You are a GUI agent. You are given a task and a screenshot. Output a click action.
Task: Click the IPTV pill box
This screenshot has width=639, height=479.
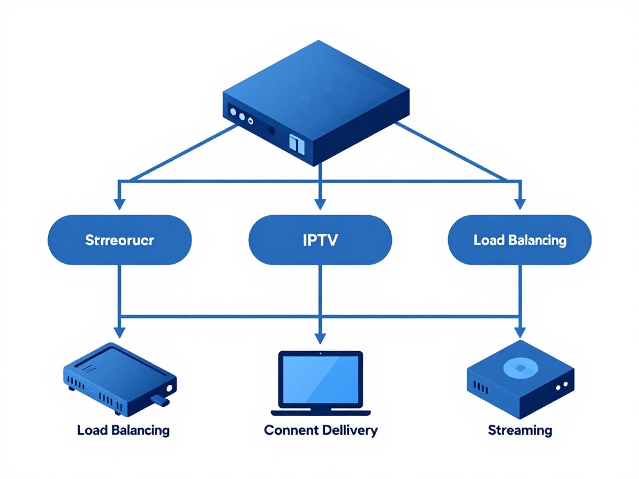319,240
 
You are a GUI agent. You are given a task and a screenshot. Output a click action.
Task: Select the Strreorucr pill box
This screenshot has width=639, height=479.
120,240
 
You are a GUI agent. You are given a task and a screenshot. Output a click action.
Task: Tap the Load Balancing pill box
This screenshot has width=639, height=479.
519,240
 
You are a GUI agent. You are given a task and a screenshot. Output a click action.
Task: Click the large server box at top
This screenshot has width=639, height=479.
317,100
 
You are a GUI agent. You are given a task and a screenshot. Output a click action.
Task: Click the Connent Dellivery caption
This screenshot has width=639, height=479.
320,430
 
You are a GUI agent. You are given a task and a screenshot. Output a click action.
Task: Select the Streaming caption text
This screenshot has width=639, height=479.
519,430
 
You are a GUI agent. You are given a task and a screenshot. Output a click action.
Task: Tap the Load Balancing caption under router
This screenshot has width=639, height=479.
123,430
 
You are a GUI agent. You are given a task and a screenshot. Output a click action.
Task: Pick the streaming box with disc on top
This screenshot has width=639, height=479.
520,380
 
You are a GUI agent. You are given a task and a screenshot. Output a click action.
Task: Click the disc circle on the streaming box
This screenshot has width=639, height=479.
518,368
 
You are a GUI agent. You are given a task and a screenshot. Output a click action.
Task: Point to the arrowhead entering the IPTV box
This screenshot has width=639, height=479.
319,203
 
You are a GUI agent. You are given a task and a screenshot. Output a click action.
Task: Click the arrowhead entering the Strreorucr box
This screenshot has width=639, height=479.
120,203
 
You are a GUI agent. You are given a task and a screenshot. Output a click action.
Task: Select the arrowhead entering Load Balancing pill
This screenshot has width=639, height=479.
519,203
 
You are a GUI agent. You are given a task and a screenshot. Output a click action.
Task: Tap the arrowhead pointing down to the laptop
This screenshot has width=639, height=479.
319,338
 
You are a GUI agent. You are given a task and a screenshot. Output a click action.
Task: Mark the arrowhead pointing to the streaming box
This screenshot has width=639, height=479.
519,331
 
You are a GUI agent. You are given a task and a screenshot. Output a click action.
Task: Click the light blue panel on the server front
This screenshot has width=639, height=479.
296,144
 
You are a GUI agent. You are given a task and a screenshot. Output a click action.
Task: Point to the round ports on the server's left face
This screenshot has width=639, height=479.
241,115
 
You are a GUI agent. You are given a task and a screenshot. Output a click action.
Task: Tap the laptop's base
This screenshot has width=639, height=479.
320,412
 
